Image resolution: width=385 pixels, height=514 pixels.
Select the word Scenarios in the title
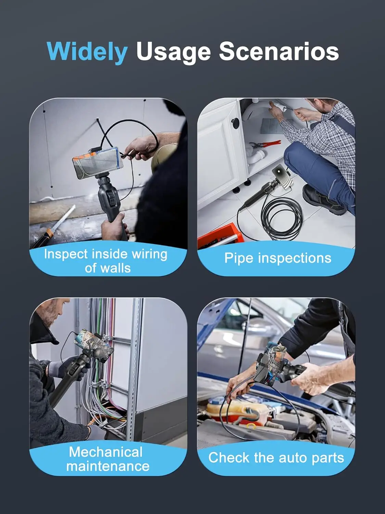pos(279,51)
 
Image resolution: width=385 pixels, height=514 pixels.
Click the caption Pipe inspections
pos(278,258)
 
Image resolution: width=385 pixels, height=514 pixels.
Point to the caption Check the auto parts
pos(276,457)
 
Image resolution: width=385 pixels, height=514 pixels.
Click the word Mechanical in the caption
pos(106,452)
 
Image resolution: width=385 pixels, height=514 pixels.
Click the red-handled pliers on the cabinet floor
pos(265,144)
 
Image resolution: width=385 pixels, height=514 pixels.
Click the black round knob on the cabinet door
pos(235,122)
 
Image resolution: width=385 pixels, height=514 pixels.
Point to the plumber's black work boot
pos(323,199)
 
